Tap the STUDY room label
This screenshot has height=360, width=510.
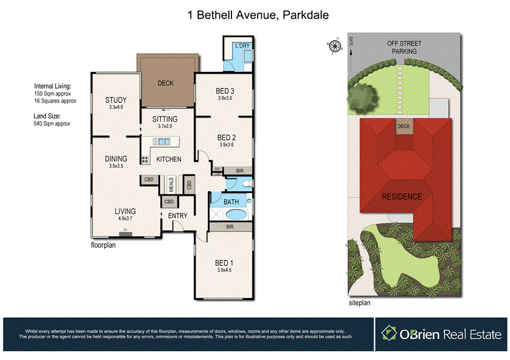[x=116, y=100]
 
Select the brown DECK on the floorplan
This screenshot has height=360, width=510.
[x=166, y=83]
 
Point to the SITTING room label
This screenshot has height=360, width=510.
[x=164, y=119]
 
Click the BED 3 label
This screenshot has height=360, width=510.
[x=226, y=90]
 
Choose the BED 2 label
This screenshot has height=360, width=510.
[x=226, y=137]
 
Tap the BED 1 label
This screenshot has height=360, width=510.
[x=223, y=263]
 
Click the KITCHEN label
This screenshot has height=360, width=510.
[x=169, y=159]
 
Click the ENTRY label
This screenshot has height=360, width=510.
[x=178, y=216]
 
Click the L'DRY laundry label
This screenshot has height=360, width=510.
[x=242, y=46]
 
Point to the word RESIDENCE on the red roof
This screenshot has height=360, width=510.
[x=402, y=196]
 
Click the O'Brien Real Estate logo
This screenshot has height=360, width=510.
[x=440, y=334]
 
